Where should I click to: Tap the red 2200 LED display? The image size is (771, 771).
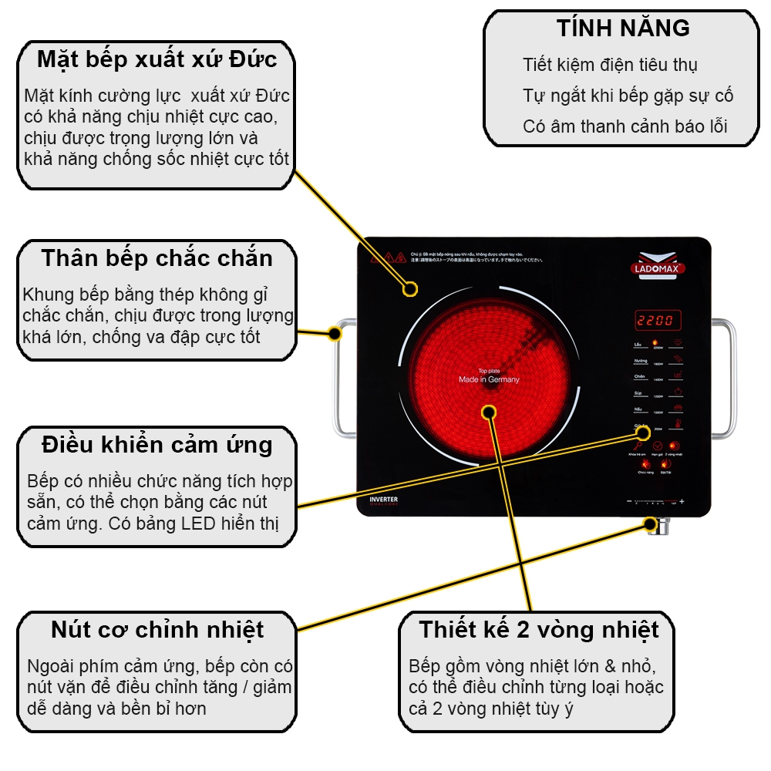tap(654, 320)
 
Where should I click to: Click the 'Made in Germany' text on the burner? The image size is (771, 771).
tap(489, 379)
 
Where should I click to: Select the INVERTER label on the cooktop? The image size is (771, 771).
tap(384, 500)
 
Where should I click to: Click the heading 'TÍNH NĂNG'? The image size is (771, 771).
tap(623, 29)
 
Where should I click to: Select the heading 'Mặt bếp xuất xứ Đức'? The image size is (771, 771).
tap(157, 59)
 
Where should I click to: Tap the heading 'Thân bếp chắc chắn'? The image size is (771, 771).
tap(157, 258)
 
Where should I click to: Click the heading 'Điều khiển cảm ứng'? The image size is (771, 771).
tap(157, 445)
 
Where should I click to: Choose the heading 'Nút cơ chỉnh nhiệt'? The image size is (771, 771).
tap(157, 630)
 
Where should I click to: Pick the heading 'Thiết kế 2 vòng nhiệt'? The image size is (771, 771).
tap(539, 630)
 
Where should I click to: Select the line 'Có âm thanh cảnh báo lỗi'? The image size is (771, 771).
tap(625, 126)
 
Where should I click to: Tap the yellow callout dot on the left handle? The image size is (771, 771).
tap(334, 334)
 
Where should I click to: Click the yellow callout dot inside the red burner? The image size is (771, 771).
tap(488, 412)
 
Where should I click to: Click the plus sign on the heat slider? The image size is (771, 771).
tap(682, 503)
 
